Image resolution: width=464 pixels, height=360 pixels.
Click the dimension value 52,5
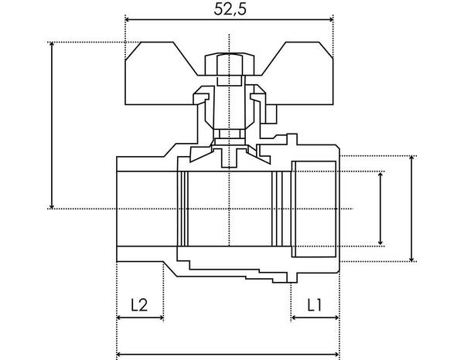[x=228, y=9]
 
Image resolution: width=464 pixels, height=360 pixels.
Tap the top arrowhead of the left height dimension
[x=52, y=46]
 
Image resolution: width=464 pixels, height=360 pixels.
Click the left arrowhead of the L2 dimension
[x=120, y=318]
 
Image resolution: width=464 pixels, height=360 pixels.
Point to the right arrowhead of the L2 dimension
[x=159, y=318]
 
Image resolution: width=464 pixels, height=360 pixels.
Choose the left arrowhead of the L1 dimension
[x=295, y=318]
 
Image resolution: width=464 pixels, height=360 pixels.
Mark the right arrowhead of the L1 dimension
[x=336, y=318]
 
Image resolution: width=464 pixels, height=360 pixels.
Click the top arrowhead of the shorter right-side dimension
[x=380, y=177]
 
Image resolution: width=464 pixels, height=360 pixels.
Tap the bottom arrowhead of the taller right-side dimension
[x=411, y=257]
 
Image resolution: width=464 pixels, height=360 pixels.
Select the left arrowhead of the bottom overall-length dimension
[x=120, y=355]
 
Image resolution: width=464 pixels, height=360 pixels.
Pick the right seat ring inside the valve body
[x=278, y=209]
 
